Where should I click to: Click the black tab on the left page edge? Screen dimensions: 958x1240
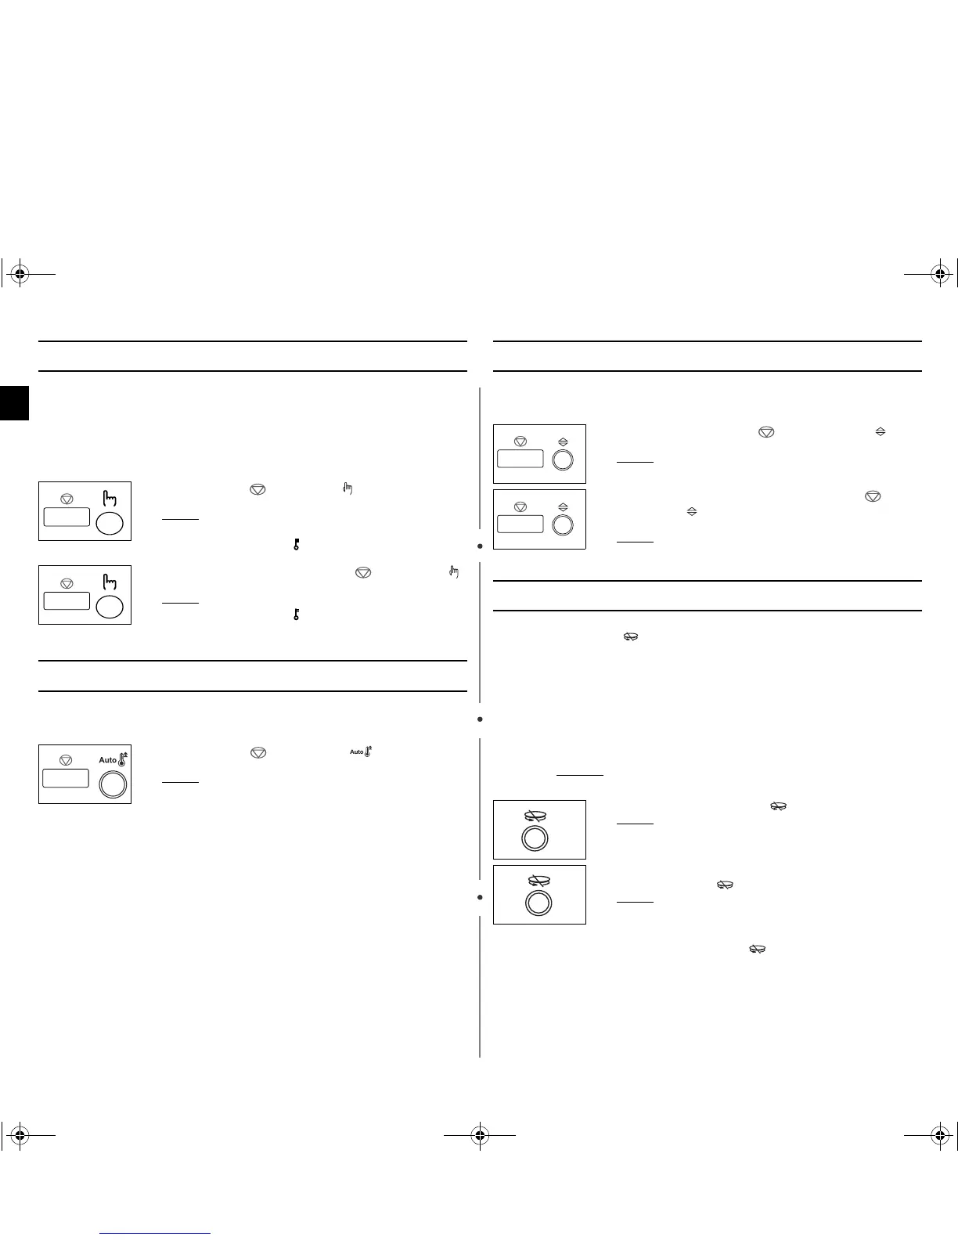pos(14,402)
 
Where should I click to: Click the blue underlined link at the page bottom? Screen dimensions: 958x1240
pos(156,1233)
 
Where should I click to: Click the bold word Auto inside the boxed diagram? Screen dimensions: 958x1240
pos(107,760)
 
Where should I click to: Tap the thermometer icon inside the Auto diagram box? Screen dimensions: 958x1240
pos(122,758)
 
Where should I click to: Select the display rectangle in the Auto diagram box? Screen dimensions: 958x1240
pos(66,778)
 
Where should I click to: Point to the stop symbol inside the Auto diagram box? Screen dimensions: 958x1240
pos(66,759)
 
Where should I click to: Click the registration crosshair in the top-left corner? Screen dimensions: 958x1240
pos(20,274)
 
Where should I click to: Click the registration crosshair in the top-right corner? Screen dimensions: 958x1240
pos(939,274)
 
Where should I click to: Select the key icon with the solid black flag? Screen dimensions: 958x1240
pos(297,544)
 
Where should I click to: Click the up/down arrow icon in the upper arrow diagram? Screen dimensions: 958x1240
pos(562,442)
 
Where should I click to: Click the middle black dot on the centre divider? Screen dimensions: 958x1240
pos(480,719)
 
